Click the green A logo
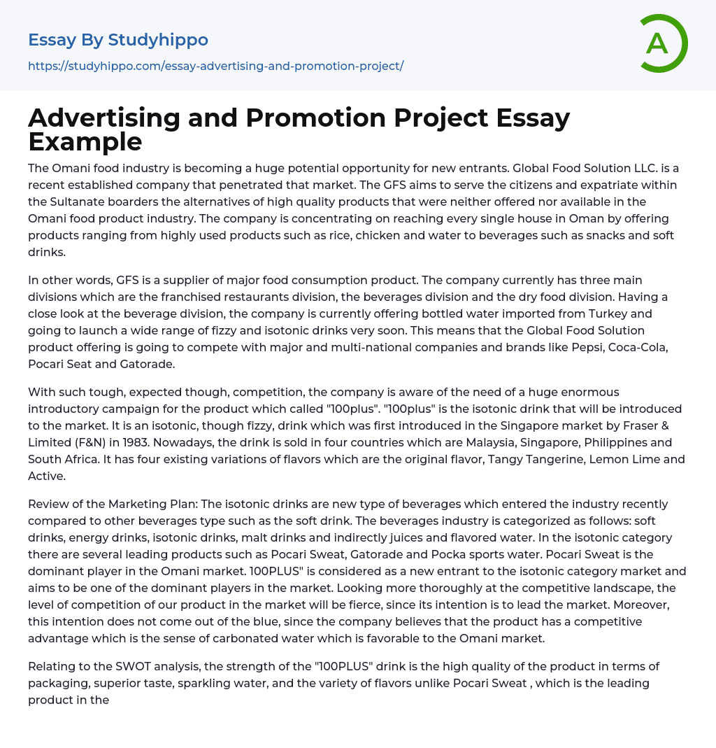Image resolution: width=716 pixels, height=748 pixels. (662, 43)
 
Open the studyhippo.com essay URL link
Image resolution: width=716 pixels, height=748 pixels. (215, 66)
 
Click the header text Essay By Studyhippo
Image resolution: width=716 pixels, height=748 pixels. (118, 40)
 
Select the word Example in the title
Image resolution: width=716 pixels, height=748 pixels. (85, 141)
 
